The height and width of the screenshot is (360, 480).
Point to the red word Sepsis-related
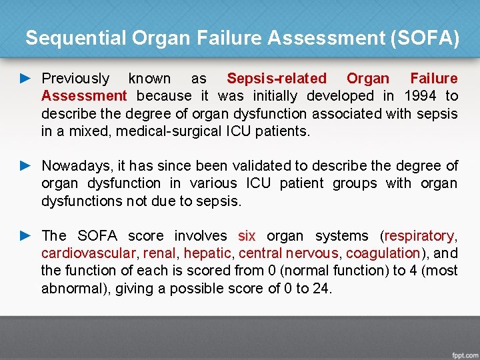click(x=277, y=79)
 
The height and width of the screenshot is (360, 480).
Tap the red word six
click(x=247, y=235)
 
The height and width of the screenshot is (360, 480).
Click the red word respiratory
click(x=419, y=235)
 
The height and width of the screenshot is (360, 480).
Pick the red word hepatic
click(x=208, y=253)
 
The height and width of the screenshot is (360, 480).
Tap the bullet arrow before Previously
click(x=25, y=79)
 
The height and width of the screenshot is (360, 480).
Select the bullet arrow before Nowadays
click(x=25, y=165)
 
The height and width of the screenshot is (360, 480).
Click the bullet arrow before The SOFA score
click(x=25, y=235)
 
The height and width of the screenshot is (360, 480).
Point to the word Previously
click(x=75, y=79)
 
